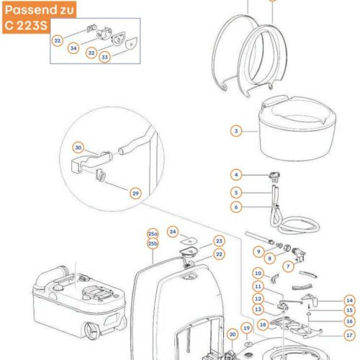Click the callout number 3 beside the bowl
point(236,131)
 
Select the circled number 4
point(236,175)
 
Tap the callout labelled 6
point(236,207)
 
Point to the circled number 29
point(135,194)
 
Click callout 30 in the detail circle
point(78,148)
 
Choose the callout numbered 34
point(73,48)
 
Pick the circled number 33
point(104,57)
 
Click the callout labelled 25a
point(153,234)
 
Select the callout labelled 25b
point(153,243)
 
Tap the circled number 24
point(173,232)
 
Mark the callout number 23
point(219,241)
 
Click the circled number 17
point(349,335)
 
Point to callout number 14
point(349,300)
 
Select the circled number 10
point(258,274)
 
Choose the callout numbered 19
point(247,328)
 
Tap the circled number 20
point(233,335)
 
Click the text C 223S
point(26,25)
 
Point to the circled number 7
point(288,266)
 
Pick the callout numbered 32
point(91,53)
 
